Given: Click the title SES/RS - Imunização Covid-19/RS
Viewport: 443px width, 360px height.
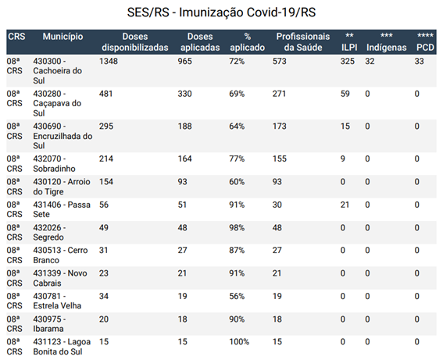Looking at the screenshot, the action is (221, 12).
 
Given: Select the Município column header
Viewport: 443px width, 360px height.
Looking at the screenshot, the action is (63, 37).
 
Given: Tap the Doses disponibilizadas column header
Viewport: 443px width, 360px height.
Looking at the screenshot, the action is (135, 42).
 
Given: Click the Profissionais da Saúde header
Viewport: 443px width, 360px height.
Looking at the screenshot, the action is (303, 42).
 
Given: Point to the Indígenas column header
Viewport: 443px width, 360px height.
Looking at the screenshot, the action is (386, 42).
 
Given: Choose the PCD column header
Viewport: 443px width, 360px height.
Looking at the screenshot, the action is (425, 42).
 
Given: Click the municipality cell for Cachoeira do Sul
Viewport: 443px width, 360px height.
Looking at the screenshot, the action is (57, 71).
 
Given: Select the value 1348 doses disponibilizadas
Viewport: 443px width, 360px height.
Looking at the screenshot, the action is (108, 61).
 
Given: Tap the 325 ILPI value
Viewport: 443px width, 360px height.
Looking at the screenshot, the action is (347, 61).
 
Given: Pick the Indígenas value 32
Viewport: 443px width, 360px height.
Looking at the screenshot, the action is (370, 61).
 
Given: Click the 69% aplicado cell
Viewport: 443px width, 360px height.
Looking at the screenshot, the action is (237, 94).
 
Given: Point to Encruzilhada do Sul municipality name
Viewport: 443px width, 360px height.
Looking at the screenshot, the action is (63, 136).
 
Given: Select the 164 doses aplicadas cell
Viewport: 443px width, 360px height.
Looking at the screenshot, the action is (184, 159).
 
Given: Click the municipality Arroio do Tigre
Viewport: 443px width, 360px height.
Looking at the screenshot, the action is (62, 187).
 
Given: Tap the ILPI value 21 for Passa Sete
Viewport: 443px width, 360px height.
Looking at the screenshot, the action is (345, 205).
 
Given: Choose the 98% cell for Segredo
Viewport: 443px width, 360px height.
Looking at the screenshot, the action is (237, 227).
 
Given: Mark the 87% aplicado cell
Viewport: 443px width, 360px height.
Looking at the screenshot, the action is (237, 250).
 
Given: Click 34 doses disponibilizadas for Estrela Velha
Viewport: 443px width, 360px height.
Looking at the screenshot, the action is (103, 296).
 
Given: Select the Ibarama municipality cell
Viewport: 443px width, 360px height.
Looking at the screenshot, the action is (49, 324).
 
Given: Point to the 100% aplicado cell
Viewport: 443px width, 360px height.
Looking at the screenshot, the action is (239, 341).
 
